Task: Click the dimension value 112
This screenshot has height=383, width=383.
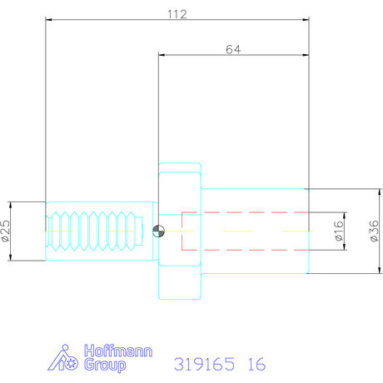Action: [177, 13]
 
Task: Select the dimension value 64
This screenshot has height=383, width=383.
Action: [234, 49]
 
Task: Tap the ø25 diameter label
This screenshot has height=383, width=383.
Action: [7, 231]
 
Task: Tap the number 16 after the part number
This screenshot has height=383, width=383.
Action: [256, 364]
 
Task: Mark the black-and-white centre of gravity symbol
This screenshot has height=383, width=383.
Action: [160, 231]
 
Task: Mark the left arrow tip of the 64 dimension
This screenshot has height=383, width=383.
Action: [159, 57]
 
